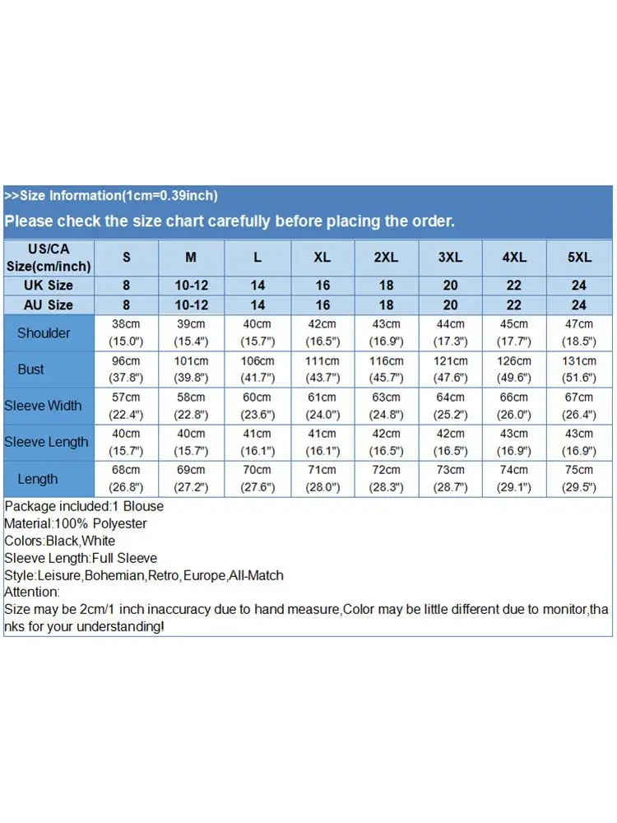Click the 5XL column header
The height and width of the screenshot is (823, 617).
579,258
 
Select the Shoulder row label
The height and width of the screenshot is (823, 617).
44,333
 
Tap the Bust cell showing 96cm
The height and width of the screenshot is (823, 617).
127,361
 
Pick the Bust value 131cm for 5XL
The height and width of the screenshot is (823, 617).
579,361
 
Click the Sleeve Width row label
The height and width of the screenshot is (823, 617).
43,406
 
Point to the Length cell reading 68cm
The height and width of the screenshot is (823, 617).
127,470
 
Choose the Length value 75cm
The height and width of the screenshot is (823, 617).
579,470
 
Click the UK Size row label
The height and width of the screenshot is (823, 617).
49,286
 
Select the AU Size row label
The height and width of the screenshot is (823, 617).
49,305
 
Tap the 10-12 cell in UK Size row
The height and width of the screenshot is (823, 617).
191,286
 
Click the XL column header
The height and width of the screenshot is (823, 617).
322,258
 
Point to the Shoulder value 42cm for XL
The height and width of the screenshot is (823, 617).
322,324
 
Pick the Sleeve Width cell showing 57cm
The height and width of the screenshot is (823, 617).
127,398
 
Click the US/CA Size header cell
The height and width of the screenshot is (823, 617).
49,257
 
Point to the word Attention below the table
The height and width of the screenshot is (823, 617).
31,592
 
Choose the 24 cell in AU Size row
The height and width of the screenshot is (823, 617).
579,305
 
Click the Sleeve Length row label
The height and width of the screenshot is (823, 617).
46,442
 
